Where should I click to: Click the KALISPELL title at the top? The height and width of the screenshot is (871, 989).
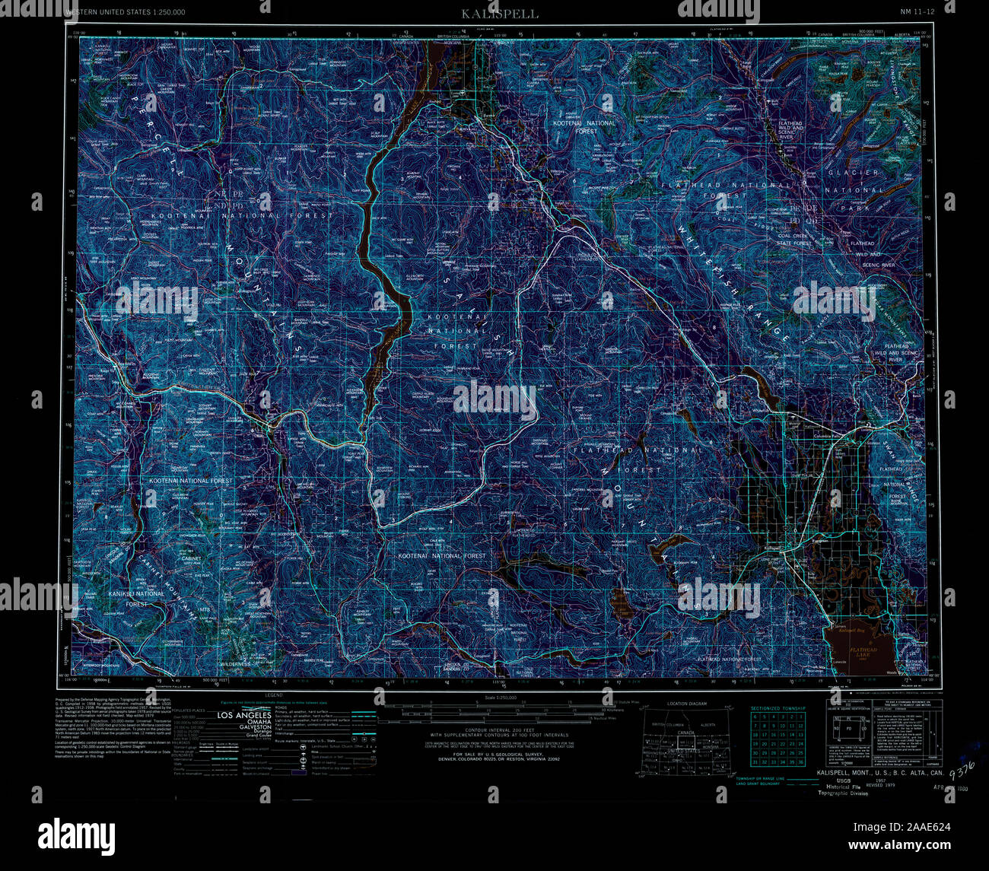click(x=500, y=14)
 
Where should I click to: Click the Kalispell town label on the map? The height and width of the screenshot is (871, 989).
click(x=772, y=548)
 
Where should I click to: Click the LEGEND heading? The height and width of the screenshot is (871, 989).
click(x=274, y=695)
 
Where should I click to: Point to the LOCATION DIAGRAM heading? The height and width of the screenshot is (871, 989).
click(x=686, y=704)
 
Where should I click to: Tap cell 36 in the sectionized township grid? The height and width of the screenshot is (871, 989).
click(x=800, y=761)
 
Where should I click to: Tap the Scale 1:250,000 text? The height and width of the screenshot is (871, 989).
click(x=500, y=697)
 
